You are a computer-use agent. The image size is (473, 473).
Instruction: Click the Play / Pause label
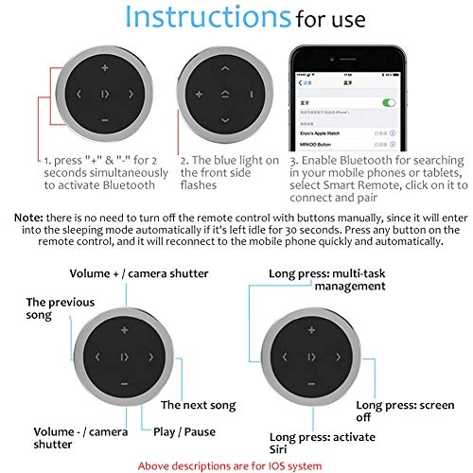(184, 432)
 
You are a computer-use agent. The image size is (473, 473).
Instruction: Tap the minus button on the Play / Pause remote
(124, 384)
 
